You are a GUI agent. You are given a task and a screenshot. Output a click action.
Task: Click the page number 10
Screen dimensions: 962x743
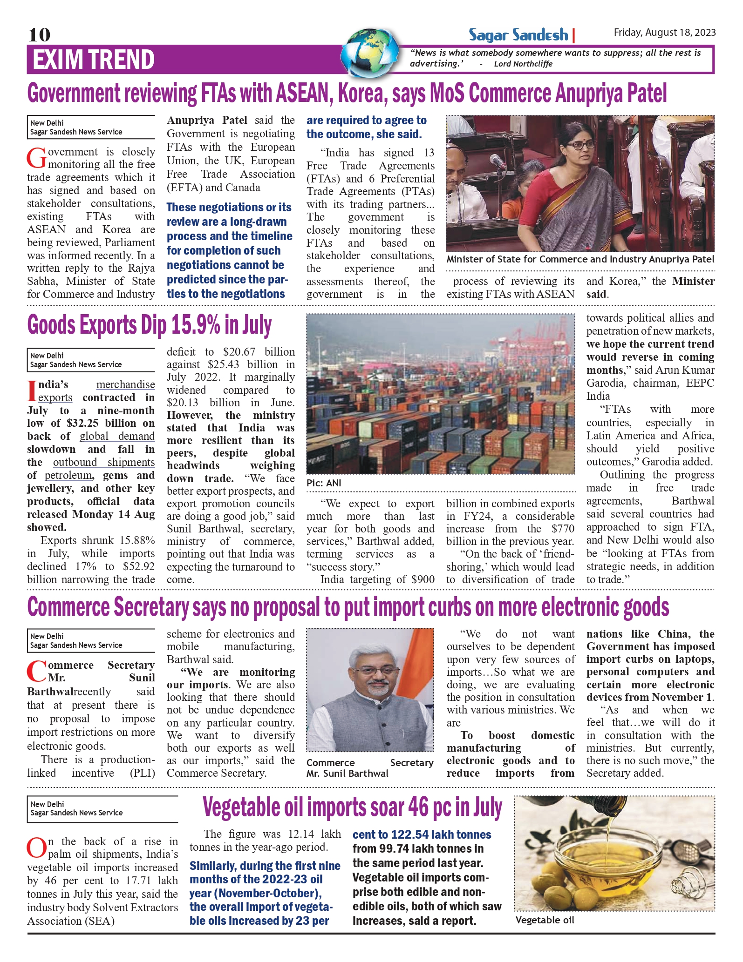coord(39,34)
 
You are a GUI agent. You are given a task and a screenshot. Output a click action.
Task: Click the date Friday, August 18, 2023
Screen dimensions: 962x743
coord(664,32)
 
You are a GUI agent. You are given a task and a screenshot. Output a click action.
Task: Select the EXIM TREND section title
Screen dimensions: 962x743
coord(94,60)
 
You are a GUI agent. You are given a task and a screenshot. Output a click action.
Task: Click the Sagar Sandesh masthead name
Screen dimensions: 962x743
coord(518,35)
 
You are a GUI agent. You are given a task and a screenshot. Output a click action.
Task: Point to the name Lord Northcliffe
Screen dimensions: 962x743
coord(523,64)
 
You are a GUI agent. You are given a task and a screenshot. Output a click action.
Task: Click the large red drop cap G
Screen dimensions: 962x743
coord(37,158)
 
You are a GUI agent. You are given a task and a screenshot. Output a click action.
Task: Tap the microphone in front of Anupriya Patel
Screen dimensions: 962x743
coord(498,161)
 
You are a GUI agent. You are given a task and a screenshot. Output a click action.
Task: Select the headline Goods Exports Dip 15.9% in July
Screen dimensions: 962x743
coord(149,325)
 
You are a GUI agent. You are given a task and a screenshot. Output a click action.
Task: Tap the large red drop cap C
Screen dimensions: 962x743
coord(37,672)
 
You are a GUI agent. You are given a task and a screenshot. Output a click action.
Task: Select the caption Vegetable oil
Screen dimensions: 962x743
coord(545,920)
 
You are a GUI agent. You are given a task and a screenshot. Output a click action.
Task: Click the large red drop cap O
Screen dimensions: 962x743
coord(37,848)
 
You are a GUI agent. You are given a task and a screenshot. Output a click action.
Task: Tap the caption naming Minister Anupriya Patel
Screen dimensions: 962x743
coord(580,259)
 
